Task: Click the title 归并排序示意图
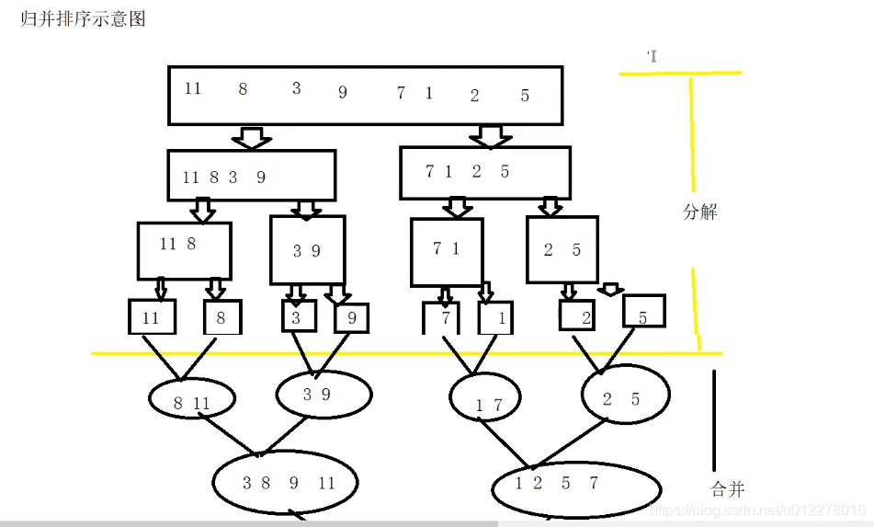pos(83,19)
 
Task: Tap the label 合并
pos(727,489)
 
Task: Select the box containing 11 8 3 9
pos(251,176)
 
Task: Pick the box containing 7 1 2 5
pos(484,173)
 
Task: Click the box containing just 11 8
pos(184,250)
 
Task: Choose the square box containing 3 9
pos(307,250)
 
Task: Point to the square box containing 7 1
pos(447,252)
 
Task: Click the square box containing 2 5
pos(562,249)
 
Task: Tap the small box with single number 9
pos(351,318)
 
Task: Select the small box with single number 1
pos(495,318)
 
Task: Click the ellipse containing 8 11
pos(192,401)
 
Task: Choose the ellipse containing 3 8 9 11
pos(285,483)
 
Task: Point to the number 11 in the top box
pos(192,89)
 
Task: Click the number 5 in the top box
pos(525,96)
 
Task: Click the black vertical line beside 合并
pos(715,418)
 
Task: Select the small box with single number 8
pos(222,317)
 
